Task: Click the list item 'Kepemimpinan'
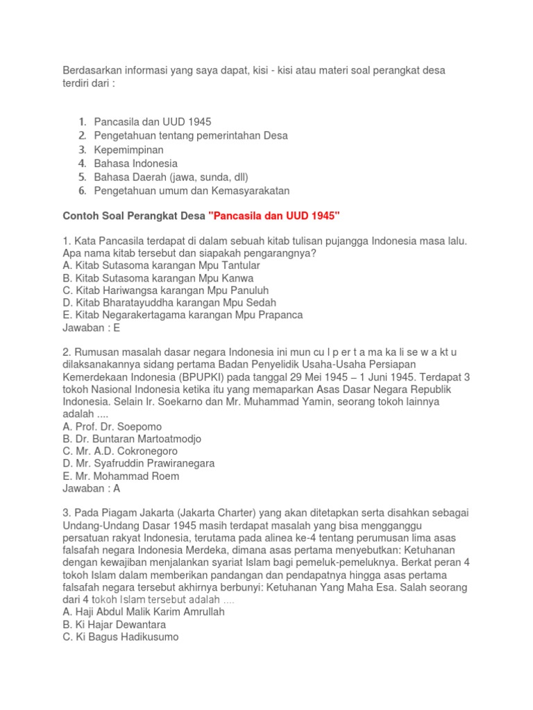pos(128,150)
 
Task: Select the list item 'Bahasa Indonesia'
pos(136,164)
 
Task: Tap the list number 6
pos(82,191)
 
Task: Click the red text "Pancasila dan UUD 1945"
pos(274,216)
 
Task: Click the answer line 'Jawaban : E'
pos(92,328)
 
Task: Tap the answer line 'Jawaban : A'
pos(92,489)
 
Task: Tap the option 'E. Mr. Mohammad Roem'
pos(121,476)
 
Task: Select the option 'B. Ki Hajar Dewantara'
pos(115,625)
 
